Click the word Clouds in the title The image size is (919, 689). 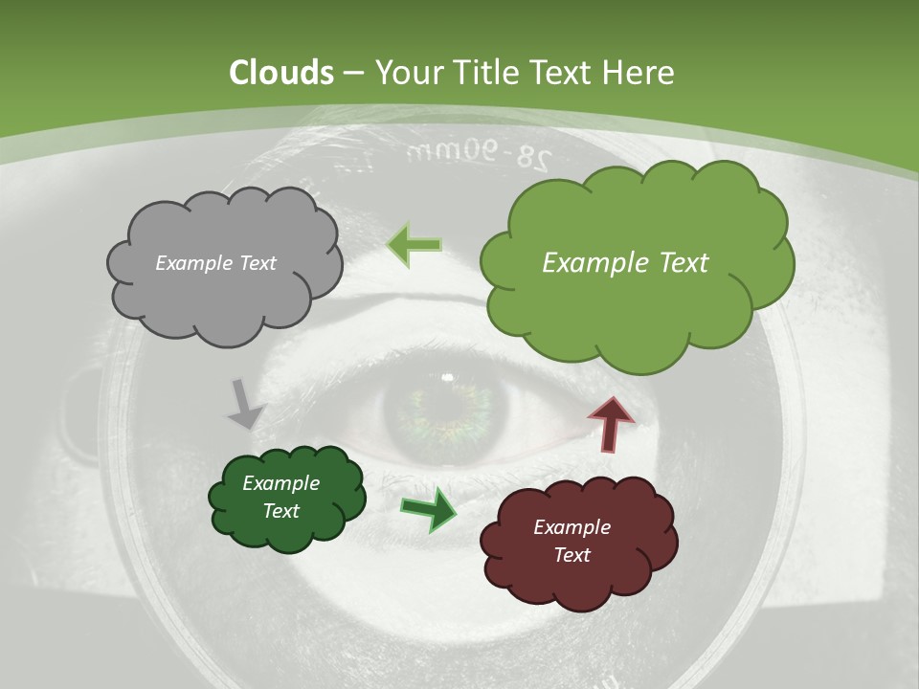pyautogui.click(x=280, y=73)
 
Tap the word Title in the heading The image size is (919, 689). pyautogui.click(x=487, y=73)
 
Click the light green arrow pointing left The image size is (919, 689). pyautogui.click(x=415, y=245)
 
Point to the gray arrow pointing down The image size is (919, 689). pyautogui.click(x=245, y=403)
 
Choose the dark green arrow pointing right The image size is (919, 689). pyautogui.click(x=429, y=508)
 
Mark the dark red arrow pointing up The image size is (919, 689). pyautogui.click(x=610, y=423)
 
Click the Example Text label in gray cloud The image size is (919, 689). pyautogui.click(x=215, y=263)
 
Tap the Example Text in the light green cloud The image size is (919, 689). pyautogui.click(x=625, y=263)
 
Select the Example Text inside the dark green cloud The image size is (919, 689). pyautogui.click(x=280, y=497)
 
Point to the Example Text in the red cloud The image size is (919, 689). pyautogui.click(x=572, y=541)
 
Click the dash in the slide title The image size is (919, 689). pyautogui.click(x=353, y=73)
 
